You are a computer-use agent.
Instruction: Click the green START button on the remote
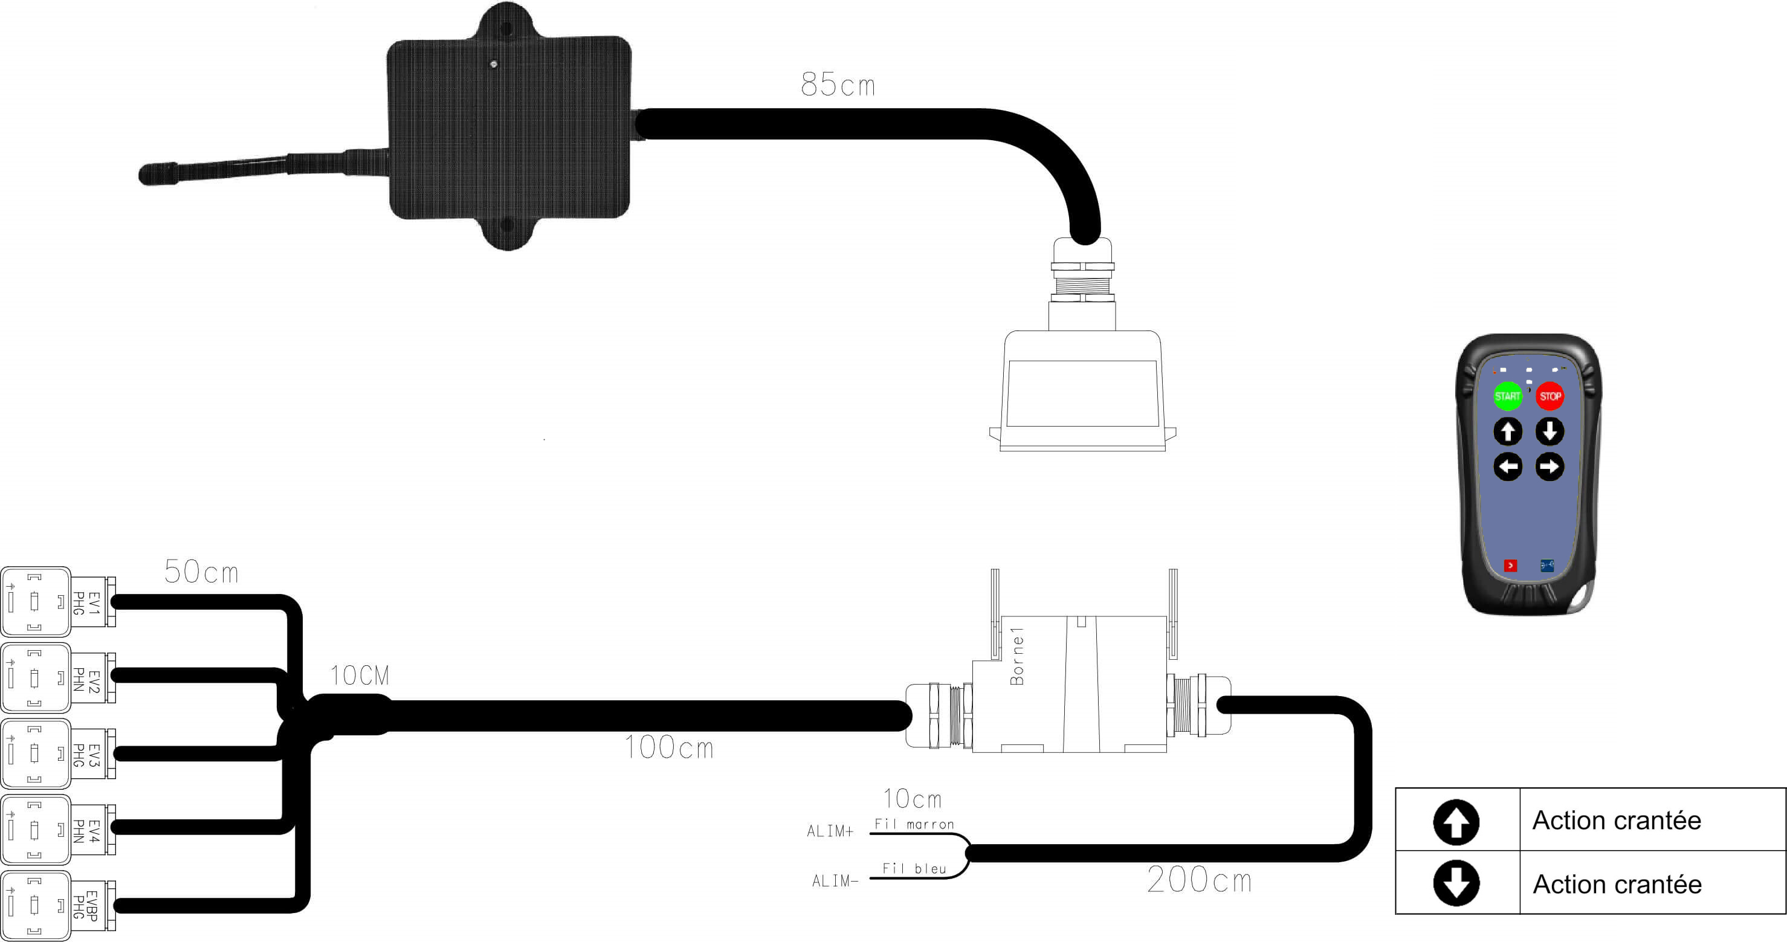coord(1507,396)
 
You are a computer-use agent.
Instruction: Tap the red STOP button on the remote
coord(1549,396)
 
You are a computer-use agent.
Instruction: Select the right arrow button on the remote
coord(1549,466)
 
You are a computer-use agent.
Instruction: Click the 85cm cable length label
coord(838,85)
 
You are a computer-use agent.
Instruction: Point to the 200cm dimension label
coord(1199,880)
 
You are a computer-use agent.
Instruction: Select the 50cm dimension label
coord(201,572)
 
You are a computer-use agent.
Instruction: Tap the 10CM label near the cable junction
coord(360,676)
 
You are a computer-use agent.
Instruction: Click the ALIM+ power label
coord(830,831)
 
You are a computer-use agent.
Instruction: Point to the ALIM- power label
coord(835,881)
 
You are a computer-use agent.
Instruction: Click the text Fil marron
coord(914,824)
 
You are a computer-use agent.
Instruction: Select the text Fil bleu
coord(914,868)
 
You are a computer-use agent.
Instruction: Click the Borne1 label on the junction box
coord(1017,656)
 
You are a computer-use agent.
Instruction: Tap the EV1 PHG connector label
coord(86,603)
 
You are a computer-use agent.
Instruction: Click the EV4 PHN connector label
coord(86,830)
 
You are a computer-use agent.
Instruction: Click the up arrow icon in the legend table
coord(1456,822)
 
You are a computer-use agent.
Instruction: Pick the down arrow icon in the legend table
coord(1456,883)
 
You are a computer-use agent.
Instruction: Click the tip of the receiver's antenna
coord(145,174)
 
